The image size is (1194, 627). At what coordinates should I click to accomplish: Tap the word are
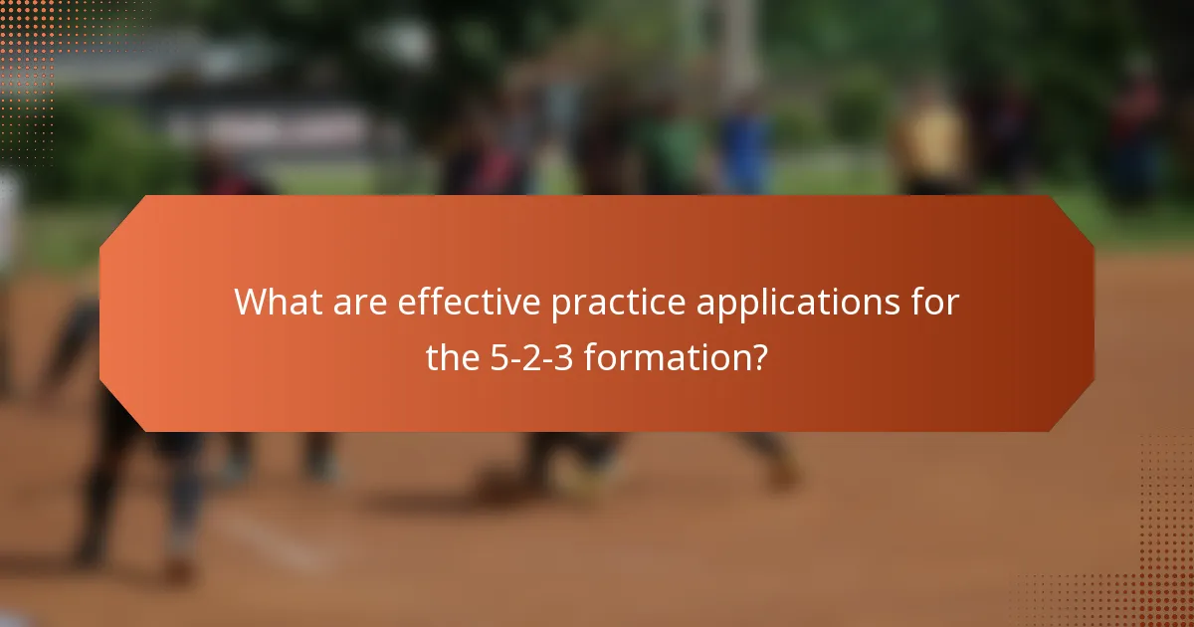(358, 303)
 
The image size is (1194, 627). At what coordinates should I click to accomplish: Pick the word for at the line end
(936, 303)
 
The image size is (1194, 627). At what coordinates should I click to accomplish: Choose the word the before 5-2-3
(454, 355)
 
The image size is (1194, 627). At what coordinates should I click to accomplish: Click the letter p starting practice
(561, 306)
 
